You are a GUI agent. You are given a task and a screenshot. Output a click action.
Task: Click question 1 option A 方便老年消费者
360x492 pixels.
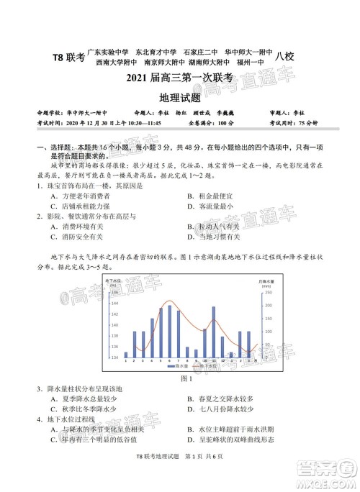point(79,196)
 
